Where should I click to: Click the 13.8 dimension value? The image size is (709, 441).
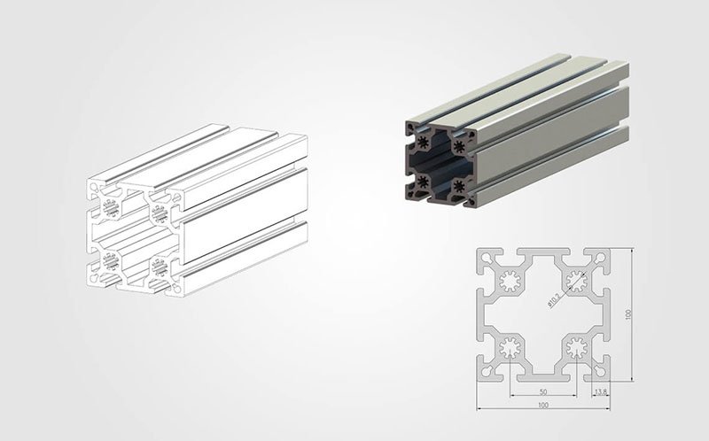coord(600,391)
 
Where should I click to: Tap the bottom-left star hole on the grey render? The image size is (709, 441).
coord(422,182)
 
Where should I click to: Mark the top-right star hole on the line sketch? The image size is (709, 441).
coord(160,213)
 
